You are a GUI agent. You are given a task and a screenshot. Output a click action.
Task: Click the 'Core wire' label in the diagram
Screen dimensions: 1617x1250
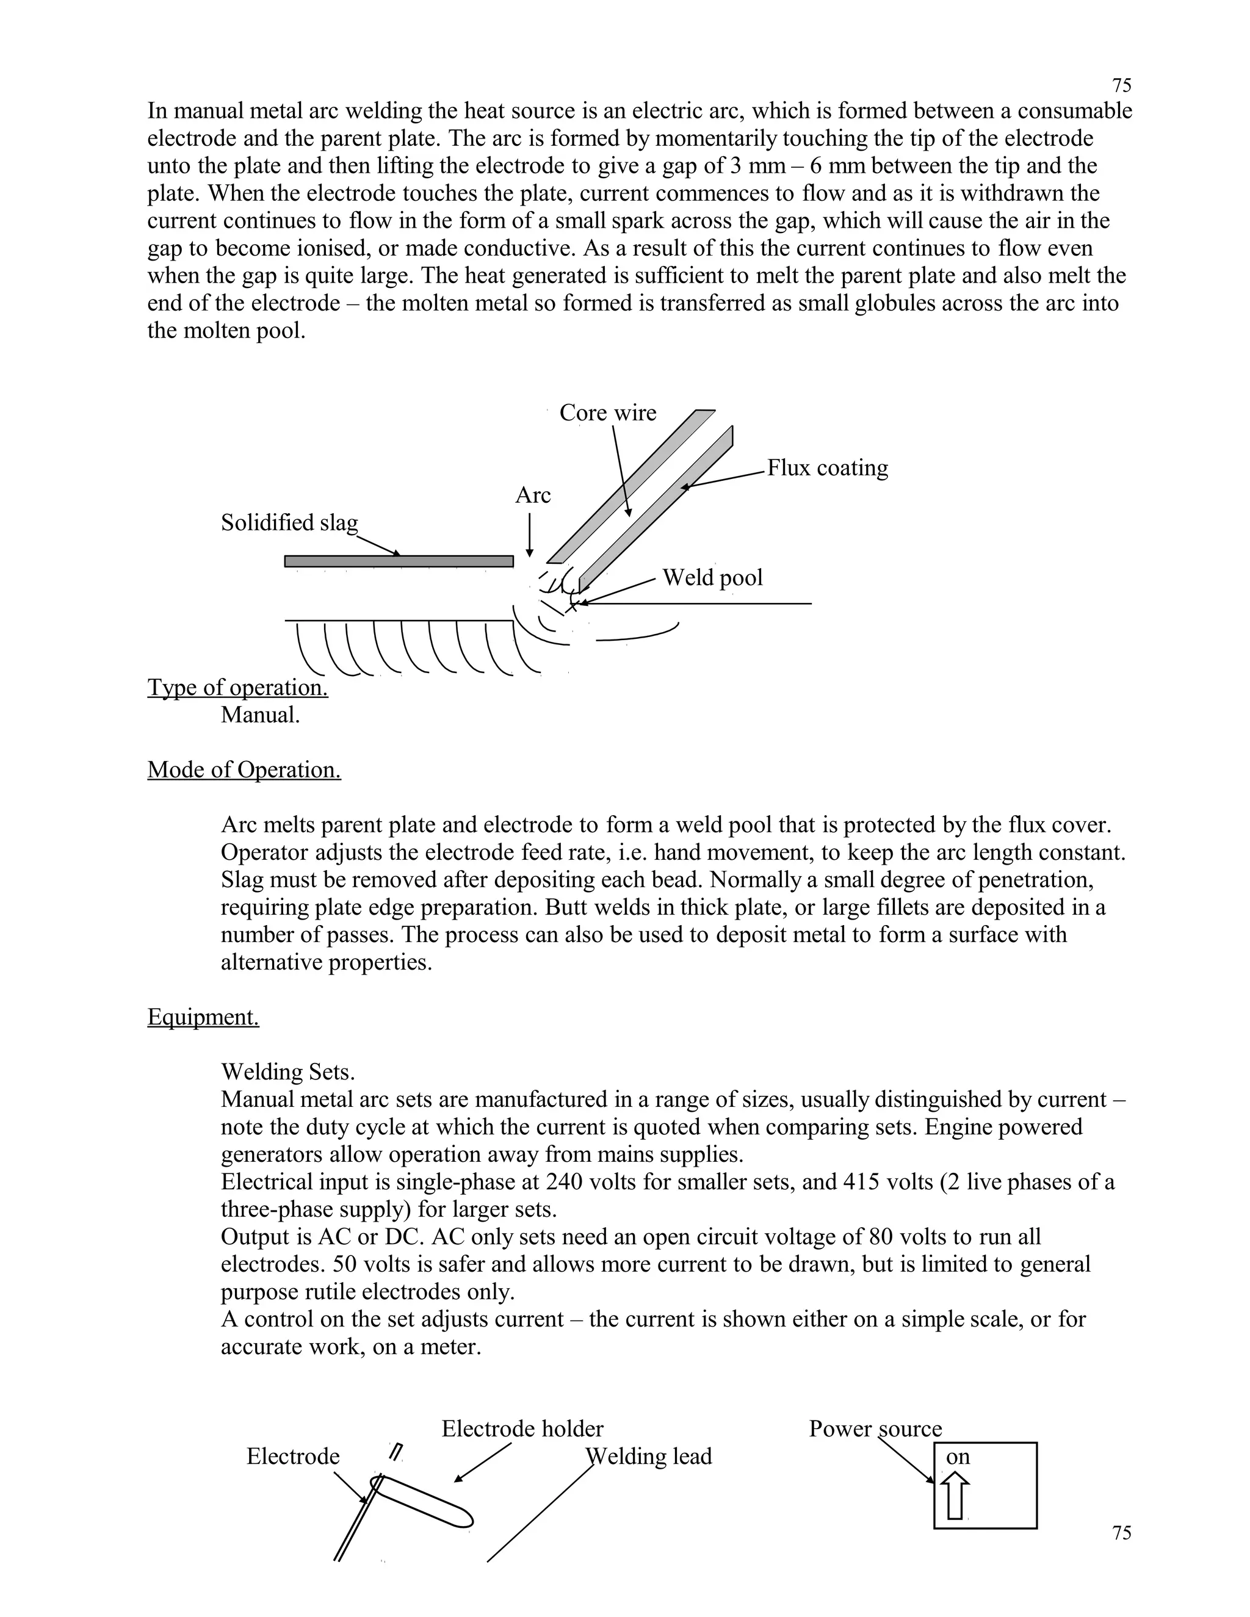pyautogui.click(x=607, y=412)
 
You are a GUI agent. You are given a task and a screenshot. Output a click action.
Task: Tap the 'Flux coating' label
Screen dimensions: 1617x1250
pyautogui.click(x=827, y=468)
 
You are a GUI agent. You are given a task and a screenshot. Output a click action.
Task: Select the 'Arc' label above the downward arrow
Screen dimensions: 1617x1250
pyautogui.click(x=532, y=495)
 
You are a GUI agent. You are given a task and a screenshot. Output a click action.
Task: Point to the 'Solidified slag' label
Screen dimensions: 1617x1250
pyautogui.click(x=289, y=523)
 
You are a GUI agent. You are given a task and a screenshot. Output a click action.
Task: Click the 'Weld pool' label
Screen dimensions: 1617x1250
pyautogui.click(x=712, y=577)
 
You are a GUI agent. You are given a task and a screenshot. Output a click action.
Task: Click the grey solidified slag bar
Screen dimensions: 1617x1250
pyautogui.click(x=399, y=561)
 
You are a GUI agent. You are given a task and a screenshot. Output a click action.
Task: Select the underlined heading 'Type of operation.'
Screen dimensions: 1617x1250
pyautogui.click(x=237, y=688)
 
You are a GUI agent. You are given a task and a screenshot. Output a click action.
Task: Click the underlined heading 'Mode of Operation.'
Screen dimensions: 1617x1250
pyautogui.click(x=244, y=770)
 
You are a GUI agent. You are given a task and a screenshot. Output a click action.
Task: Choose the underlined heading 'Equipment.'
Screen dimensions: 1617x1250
pyautogui.click(x=203, y=1017)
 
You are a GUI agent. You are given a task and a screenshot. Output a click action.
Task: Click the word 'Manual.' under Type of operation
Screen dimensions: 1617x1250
pyautogui.click(x=260, y=715)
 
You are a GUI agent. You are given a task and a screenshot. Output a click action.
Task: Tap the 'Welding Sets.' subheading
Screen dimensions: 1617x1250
pyautogui.click(x=287, y=1072)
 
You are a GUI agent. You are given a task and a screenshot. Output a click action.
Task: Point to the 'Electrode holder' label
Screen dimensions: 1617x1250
pyautogui.click(x=522, y=1429)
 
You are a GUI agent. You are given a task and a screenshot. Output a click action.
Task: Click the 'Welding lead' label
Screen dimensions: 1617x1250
pyautogui.click(x=649, y=1457)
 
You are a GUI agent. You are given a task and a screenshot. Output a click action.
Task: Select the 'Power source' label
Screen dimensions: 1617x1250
pyautogui.click(x=875, y=1429)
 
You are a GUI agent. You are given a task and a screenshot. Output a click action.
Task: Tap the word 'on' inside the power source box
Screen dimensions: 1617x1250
pyautogui.click(x=958, y=1457)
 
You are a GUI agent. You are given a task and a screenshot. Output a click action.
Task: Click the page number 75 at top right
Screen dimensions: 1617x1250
pyautogui.click(x=1121, y=85)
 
